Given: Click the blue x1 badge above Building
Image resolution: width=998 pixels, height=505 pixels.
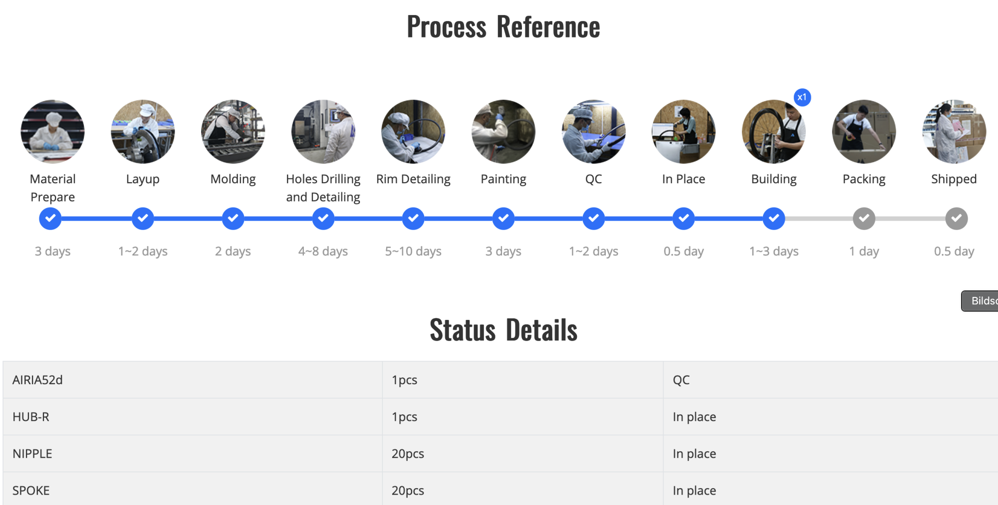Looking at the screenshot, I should [x=802, y=97].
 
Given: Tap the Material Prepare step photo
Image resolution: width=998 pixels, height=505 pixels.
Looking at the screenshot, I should [x=52, y=132].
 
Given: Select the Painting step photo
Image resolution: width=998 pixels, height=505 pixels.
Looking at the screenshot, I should [x=503, y=132].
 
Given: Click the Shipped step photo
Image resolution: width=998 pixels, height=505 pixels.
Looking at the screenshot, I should [x=954, y=132].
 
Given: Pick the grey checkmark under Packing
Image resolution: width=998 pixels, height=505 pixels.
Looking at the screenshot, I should [x=864, y=219].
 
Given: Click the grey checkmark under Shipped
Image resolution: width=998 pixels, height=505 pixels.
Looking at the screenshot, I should [x=956, y=219].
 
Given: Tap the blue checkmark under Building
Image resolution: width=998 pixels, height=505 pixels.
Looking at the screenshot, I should [x=773, y=219].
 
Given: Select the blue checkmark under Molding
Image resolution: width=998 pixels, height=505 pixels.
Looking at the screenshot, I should [x=233, y=219].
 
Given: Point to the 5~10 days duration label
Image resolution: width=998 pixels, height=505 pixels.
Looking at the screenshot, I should [x=413, y=251].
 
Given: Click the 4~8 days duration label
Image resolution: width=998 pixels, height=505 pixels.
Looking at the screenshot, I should [x=323, y=251].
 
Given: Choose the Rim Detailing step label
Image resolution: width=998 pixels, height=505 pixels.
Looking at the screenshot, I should [x=413, y=179].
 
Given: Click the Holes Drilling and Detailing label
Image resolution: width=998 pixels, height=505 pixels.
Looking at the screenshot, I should [x=323, y=188].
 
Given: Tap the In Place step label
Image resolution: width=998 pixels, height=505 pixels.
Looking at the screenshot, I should [x=683, y=179].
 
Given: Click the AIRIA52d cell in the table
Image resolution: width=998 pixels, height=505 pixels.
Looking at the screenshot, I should [x=37, y=380].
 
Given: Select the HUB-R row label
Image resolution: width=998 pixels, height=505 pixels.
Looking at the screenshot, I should [x=31, y=417].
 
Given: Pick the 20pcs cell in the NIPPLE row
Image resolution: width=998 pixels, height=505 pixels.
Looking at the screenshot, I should [x=408, y=454].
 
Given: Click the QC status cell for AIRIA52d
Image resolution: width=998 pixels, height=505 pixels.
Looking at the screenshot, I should [x=681, y=380].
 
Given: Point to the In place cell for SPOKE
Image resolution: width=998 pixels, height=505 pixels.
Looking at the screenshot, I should [x=694, y=491].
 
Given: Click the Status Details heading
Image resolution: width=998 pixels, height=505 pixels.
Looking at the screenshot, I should [x=503, y=330].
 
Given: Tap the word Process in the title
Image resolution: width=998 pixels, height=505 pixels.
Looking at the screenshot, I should [x=446, y=27].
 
